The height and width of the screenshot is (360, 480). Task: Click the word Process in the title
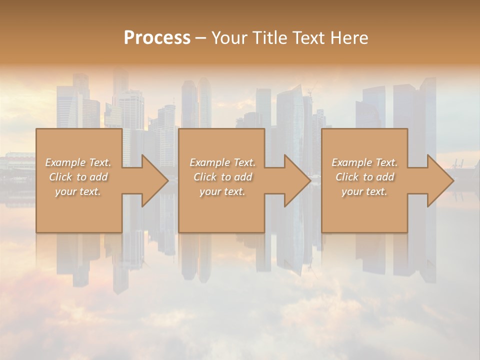tap(157, 38)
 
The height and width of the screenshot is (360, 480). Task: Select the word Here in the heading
tap(348, 38)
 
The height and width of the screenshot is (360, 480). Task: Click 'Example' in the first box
tap(65, 162)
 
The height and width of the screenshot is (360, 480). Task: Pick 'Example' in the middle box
tap(209, 162)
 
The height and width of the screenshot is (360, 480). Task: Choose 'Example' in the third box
tap(351, 162)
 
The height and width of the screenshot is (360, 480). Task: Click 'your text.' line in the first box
tap(78, 191)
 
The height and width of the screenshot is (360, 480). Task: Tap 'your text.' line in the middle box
tap(222, 191)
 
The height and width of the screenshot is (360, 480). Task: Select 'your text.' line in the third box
tap(364, 191)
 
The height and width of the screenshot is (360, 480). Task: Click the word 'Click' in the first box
tap(60, 177)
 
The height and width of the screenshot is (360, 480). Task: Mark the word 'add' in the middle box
tap(243, 177)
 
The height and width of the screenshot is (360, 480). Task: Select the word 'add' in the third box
tap(385, 177)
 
